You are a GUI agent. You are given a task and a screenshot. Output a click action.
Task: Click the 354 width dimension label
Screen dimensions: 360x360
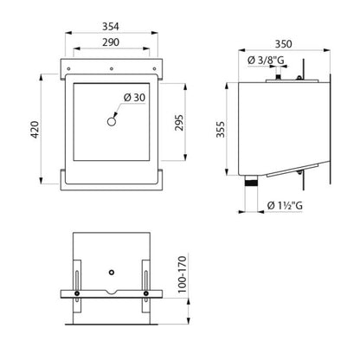(111, 27)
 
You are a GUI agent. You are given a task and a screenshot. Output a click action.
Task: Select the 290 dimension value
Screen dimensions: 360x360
(111, 42)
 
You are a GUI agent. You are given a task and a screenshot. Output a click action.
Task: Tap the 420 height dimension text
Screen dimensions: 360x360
(35, 130)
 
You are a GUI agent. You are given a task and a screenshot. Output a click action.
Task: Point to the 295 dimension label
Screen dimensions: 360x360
(179, 123)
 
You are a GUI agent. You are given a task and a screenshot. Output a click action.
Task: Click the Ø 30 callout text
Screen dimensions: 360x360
(134, 98)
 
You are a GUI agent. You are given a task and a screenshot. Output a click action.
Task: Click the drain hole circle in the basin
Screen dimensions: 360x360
(112, 121)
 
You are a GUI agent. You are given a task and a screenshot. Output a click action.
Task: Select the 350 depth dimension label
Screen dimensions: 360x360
(283, 44)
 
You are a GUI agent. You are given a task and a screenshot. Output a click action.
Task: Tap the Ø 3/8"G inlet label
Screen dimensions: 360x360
(266, 61)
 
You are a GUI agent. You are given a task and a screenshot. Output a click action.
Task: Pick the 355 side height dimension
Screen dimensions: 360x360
(221, 129)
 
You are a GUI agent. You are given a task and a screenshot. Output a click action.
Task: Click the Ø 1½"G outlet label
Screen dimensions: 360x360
(285, 205)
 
